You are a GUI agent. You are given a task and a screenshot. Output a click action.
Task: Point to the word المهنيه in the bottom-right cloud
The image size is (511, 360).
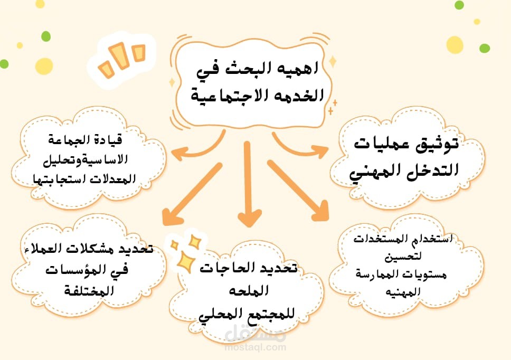click(403, 291)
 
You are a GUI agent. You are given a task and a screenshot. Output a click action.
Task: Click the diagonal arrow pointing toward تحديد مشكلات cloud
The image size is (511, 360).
click(192, 194)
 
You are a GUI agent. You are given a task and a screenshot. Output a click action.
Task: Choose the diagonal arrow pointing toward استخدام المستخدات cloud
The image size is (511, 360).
click(298, 191)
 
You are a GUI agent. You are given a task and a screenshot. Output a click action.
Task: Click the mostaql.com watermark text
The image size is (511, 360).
click(255, 347)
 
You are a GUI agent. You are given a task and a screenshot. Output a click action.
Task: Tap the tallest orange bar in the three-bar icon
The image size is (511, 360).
click(120, 56)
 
